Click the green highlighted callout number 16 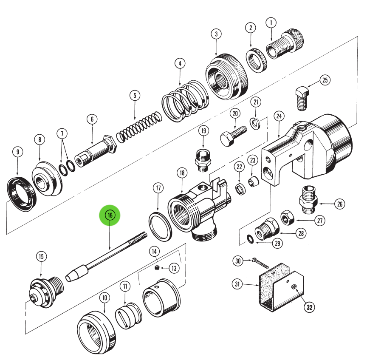point(110,216)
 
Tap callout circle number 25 point(325,80)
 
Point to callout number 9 point(17,152)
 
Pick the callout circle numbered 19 point(203,130)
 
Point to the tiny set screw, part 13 point(156,268)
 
